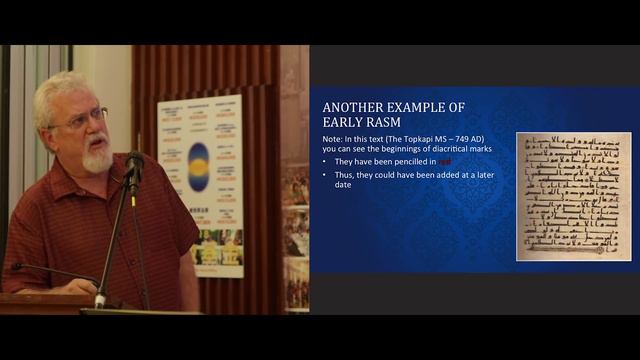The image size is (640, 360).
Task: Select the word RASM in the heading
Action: (367, 123)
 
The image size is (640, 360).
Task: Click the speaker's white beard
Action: (97, 158)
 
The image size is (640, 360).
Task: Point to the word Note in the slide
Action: (331, 139)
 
